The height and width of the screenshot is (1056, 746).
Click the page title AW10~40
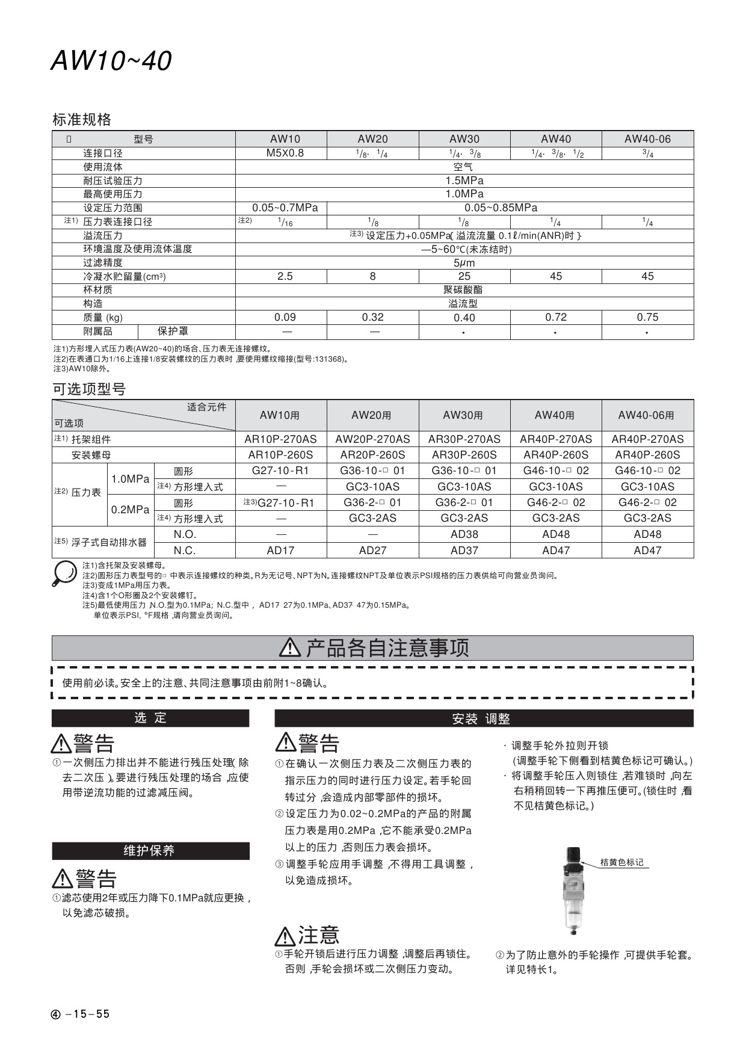[x=111, y=60]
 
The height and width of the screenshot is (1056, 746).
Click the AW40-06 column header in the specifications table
[x=647, y=139]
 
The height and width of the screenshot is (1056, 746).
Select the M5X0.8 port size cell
[x=285, y=153]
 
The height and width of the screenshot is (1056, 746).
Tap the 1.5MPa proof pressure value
[x=464, y=181]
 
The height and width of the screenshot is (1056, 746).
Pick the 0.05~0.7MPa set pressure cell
[x=285, y=208]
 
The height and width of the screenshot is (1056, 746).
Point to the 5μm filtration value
[x=464, y=263]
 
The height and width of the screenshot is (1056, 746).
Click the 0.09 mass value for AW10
[x=285, y=317]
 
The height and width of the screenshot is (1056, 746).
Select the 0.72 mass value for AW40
[x=555, y=317]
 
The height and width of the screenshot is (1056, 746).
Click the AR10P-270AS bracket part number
[x=280, y=439]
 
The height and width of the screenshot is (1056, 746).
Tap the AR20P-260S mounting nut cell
[x=372, y=455]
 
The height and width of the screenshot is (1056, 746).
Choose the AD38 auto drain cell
[x=464, y=534]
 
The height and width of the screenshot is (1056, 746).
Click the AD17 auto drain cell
[x=280, y=550]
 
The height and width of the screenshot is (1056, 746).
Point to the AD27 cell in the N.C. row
[x=372, y=550]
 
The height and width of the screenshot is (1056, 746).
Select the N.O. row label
[x=185, y=534]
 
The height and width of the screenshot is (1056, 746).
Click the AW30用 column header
[x=463, y=415]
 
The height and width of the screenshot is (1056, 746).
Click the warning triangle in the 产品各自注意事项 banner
[x=290, y=647]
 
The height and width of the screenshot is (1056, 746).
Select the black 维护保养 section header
[x=150, y=850]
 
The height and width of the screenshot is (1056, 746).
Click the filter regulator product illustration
[x=573, y=891]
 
